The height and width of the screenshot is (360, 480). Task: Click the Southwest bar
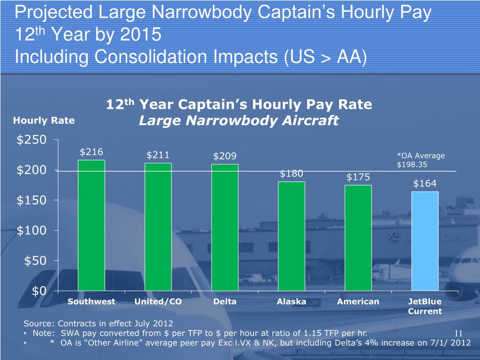(91, 225)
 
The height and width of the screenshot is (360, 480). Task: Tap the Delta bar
(225, 227)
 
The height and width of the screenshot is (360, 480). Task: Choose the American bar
(358, 238)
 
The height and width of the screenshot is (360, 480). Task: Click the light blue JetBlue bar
(425, 241)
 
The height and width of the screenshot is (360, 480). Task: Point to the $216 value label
(91, 151)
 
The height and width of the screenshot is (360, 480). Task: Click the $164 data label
(425, 184)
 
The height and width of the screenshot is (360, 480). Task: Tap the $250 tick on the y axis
(31, 140)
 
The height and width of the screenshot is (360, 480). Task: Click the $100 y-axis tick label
(31, 231)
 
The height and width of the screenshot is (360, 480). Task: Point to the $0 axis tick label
(39, 291)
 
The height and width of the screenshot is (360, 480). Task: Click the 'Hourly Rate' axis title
(44, 120)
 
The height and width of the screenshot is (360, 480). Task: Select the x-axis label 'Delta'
(225, 301)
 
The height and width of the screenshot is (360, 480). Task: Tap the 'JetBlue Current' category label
(425, 306)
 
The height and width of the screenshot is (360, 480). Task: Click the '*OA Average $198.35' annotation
(420, 160)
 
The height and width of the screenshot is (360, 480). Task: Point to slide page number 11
(458, 333)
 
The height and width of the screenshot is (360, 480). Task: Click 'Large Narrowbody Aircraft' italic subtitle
(239, 121)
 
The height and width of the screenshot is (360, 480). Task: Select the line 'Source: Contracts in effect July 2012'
(98, 323)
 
